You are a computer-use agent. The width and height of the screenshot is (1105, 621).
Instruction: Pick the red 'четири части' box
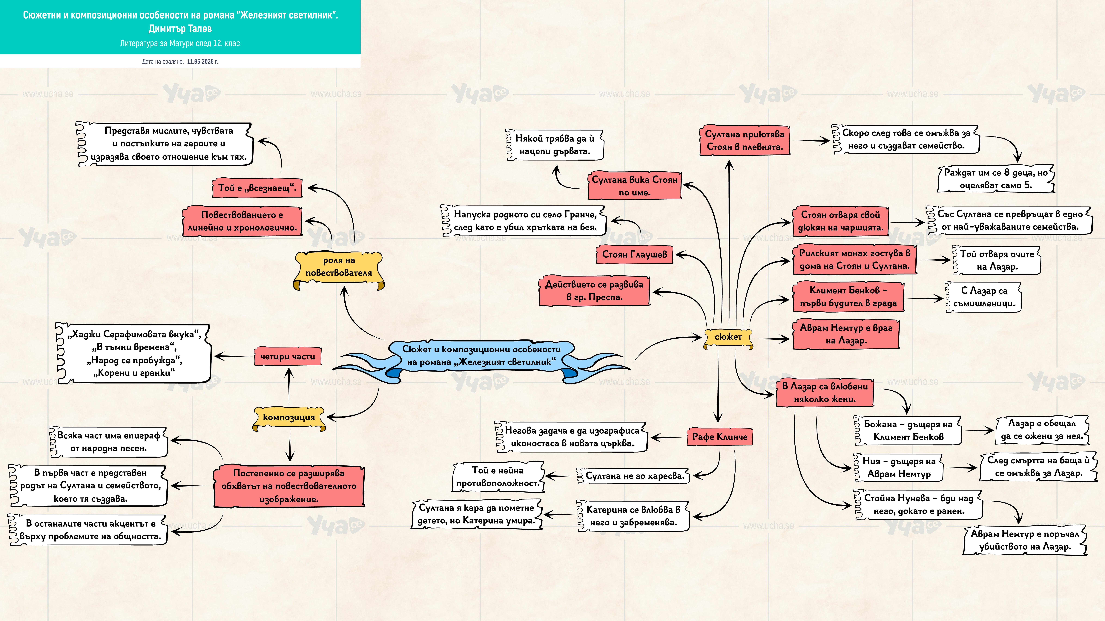click(x=287, y=357)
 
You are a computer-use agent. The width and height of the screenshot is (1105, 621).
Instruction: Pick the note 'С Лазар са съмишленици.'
click(x=984, y=297)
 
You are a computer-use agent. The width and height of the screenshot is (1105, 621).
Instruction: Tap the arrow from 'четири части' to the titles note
click(x=234, y=356)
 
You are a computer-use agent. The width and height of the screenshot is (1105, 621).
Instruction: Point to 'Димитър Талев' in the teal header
click(x=180, y=29)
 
